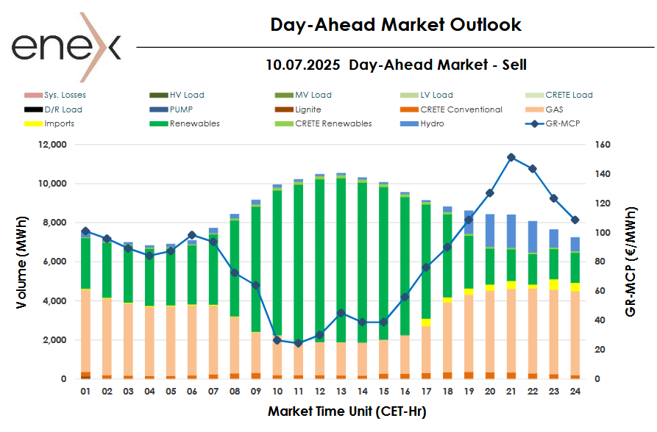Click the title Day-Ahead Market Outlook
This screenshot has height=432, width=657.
coord(396,25)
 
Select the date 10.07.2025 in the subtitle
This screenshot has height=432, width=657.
coord(302,65)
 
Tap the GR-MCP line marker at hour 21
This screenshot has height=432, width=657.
coord(511,157)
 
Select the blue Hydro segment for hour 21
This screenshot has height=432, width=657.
coord(511,231)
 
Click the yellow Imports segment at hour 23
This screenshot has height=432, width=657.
coord(554,284)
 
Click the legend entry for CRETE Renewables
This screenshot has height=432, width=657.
coord(333,123)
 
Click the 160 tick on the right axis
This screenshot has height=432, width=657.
coord(602,145)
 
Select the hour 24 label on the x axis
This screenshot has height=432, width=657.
coord(575,392)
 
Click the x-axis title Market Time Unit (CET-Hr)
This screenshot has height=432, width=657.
coord(347,411)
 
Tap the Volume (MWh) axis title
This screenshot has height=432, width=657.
coord(23,261)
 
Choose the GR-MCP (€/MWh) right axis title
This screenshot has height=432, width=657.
coord(631,261)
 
